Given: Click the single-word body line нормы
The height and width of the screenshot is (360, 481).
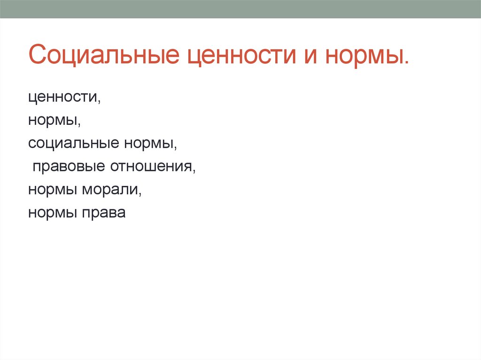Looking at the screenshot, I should (x=52, y=121).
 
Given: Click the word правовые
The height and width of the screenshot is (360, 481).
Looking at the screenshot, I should (x=69, y=167).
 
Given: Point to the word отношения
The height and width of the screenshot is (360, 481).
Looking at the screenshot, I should (x=151, y=167).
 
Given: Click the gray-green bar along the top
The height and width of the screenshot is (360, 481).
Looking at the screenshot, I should (x=240, y=9).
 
